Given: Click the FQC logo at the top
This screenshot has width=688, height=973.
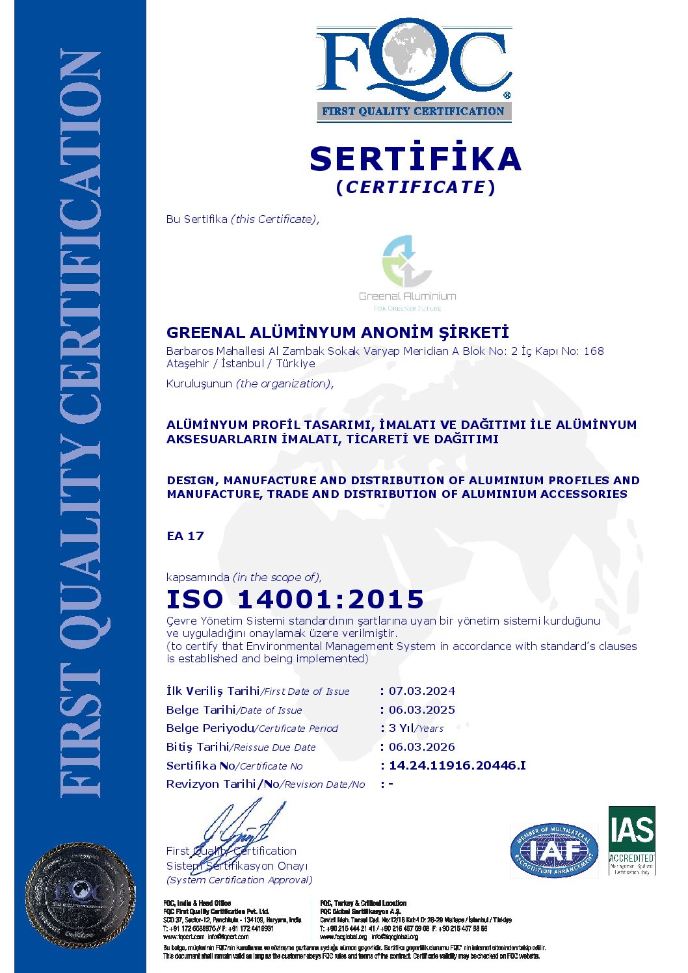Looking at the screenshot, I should [414, 62].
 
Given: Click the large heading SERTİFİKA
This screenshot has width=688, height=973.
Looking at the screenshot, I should [415, 159].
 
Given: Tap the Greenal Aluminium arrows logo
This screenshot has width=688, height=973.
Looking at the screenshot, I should [406, 261].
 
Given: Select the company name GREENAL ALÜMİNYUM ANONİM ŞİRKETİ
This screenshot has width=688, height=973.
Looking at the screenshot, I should [337, 333].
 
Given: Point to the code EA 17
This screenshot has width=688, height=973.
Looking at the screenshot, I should [185, 536].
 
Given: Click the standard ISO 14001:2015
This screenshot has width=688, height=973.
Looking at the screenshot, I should [295, 599].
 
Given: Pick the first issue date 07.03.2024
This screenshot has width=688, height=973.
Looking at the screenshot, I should [422, 691].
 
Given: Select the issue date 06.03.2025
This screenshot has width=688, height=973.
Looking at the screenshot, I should [422, 710].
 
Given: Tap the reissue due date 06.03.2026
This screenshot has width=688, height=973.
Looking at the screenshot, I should [422, 747].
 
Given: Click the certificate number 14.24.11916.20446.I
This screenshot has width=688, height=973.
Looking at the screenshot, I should [457, 766].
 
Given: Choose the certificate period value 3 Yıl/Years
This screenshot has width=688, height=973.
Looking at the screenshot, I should [416, 728].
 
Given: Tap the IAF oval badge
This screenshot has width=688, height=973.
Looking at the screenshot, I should [554, 850].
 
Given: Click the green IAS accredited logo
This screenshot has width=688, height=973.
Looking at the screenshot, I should [631, 840].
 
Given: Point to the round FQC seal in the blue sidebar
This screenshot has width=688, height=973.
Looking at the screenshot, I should [80, 895].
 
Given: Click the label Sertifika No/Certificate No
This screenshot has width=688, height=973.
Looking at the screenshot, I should [234, 766].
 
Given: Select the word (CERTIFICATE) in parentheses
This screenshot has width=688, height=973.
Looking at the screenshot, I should [416, 187].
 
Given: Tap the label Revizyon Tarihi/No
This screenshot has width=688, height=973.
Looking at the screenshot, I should [265, 784].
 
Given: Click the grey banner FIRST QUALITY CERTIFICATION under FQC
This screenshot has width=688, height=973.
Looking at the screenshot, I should [414, 111].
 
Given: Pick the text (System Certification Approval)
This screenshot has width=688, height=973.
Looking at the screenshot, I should [239, 880].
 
